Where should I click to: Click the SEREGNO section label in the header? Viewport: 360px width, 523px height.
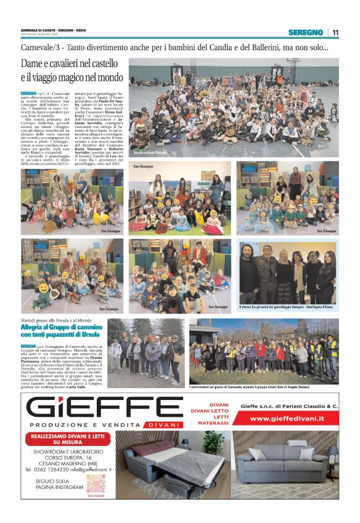tap(305, 32)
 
